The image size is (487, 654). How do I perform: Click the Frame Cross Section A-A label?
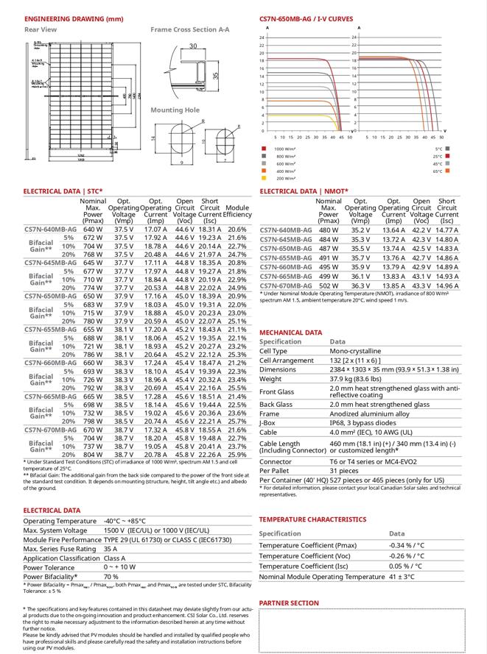pyautogui.click(x=189, y=30)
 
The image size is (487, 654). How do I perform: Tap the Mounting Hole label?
pyautogui.click(x=175, y=110)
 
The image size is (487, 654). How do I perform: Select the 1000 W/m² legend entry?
pyautogui.click(x=285, y=149)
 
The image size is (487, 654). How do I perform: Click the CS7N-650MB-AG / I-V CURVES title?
pyautogui.click(x=306, y=18)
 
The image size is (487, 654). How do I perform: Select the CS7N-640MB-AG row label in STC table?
pyautogui.click(x=51, y=230)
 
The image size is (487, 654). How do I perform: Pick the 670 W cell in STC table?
pyautogui.click(x=93, y=430)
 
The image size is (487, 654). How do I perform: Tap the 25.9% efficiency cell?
pyautogui.click(x=237, y=455)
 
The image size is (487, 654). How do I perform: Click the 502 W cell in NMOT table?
pyautogui.click(x=329, y=285)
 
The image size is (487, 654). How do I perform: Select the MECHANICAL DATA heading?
pyautogui.click(x=290, y=333)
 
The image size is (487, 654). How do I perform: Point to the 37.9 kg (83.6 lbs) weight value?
pyautogui.click(x=361, y=379)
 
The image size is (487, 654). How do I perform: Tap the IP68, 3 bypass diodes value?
pyautogui.click(x=367, y=422)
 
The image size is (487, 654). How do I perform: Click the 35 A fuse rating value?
pyautogui.click(x=111, y=548)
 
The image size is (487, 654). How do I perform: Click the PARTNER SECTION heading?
pyautogui.click(x=289, y=603)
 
